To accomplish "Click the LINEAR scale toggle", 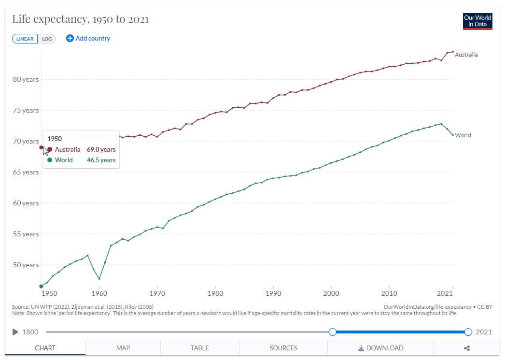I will (25, 39).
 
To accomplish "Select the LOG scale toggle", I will (47, 39).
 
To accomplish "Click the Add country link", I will (88, 38).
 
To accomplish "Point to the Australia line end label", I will (466, 55).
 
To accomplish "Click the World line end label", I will (463, 135).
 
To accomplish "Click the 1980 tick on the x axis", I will (215, 293).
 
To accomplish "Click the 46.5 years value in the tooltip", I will (101, 160).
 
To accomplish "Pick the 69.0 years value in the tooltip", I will (101, 149).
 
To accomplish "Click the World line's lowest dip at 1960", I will (99, 279).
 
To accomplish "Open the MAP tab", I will (123, 348).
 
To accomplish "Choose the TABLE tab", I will (200, 348).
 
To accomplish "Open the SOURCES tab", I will (283, 348).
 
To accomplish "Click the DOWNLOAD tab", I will (380, 348).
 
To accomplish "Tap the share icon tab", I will (466, 348).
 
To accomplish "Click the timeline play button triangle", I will (15, 332).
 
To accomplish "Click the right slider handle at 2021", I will (468, 332).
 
